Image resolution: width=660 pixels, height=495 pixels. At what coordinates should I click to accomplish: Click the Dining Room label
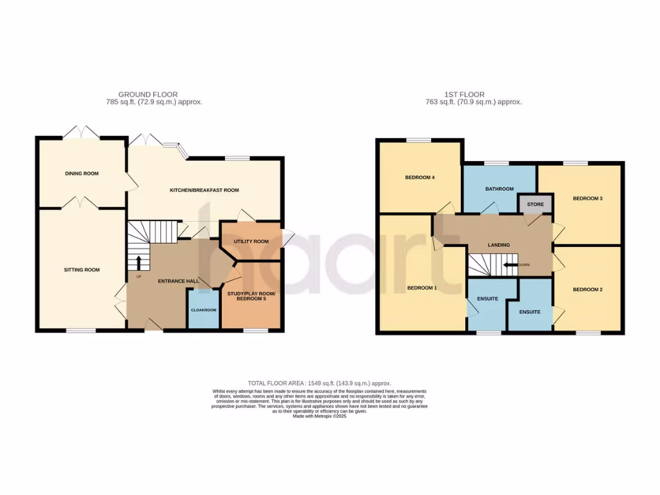click(x=81, y=173)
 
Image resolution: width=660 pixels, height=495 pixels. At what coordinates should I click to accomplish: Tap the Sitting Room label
click(x=81, y=269)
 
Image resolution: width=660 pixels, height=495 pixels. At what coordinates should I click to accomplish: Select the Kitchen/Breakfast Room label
click(x=204, y=190)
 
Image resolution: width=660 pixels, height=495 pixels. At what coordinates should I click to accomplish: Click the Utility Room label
click(x=251, y=241)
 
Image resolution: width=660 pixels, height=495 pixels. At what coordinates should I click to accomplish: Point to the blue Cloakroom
click(x=204, y=309)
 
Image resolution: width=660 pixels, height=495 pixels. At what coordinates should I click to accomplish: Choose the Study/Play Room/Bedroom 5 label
click(x=251, y=296)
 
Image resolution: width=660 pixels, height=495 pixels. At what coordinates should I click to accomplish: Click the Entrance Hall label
click(x=179, y=281)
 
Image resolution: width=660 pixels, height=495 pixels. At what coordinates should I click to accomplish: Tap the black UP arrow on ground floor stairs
click(x=137, y=262)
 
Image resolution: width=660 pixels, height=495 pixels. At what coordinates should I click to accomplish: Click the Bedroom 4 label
click(x=419, y=177)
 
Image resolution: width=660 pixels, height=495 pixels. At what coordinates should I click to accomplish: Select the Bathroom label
click(x=500, y=189)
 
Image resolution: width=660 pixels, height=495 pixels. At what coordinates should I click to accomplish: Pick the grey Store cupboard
click(x=536, y=204)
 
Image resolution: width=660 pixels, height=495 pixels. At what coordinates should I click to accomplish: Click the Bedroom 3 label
click(x=587, y=198)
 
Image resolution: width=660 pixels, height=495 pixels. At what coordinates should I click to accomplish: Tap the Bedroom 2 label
click(x=587, y=289)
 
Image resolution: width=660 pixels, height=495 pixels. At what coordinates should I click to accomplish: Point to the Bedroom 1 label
click(x=422, y=287)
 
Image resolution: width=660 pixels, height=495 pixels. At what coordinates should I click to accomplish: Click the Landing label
click(x=499, y=245)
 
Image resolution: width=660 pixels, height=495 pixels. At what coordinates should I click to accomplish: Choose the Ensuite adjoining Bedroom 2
click(x=530, y=312)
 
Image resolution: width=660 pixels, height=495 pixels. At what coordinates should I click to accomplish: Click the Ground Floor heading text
click(x=148, y=94)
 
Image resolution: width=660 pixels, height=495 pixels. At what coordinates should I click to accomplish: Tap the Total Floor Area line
click(x=320, y=383)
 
